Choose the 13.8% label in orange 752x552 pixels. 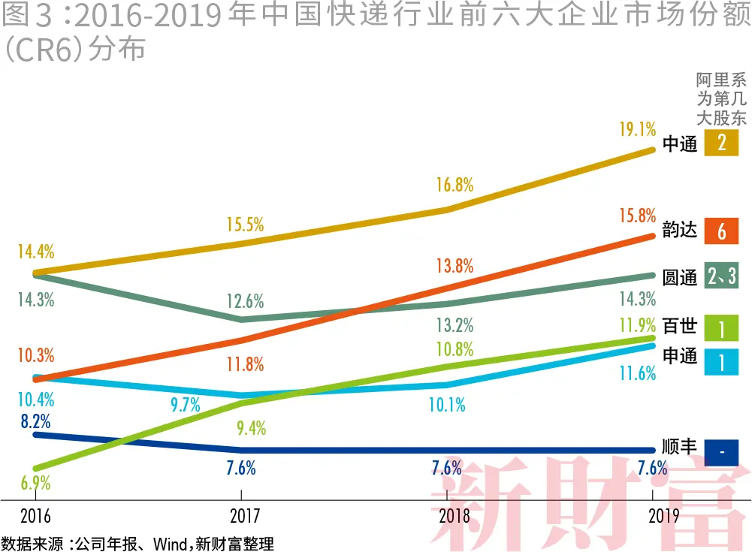455,265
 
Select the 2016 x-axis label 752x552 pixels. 36,516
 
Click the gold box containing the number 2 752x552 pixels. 721,143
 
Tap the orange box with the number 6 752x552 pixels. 721,231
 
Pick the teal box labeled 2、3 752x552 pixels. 721,276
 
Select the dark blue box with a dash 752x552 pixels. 721,451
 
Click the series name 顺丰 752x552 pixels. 679,448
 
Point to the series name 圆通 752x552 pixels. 679,276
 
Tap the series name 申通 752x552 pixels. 679,355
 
